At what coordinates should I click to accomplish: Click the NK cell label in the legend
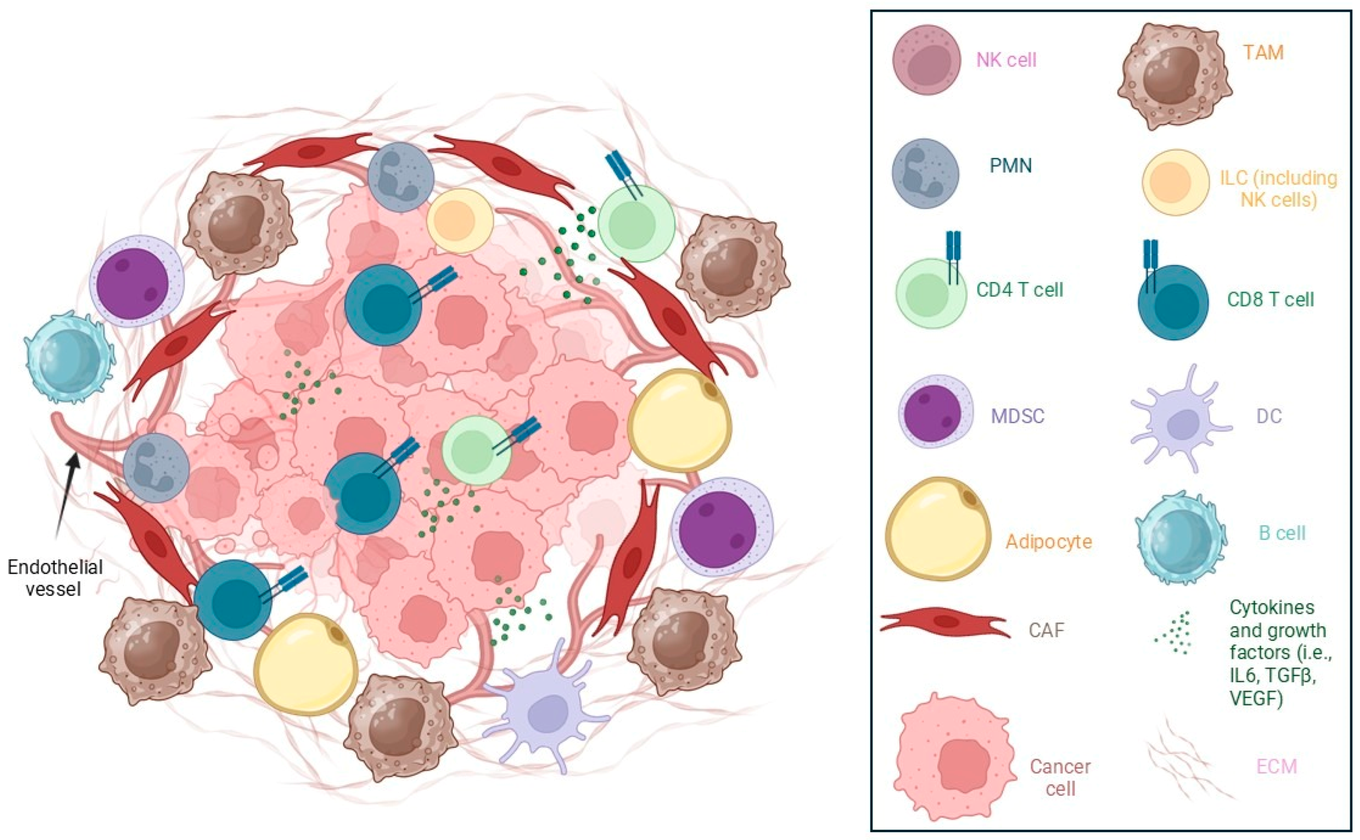pyautogui.click(x=1006, y=60)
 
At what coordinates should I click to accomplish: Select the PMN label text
pyautogui.click(x=1010, y=165)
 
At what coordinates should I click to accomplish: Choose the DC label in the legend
pyautogui.click(x=1269, y=416)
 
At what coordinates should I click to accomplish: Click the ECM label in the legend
pyautogui.click(x=1277, y=767)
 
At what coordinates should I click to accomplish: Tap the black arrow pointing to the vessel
pyautogui.click(x=67, y=495)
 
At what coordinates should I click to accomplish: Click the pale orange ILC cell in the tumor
pyautogui.click(x=460, y=221)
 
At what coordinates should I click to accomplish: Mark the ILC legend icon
pyautogui.click(x=1175, y=182)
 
